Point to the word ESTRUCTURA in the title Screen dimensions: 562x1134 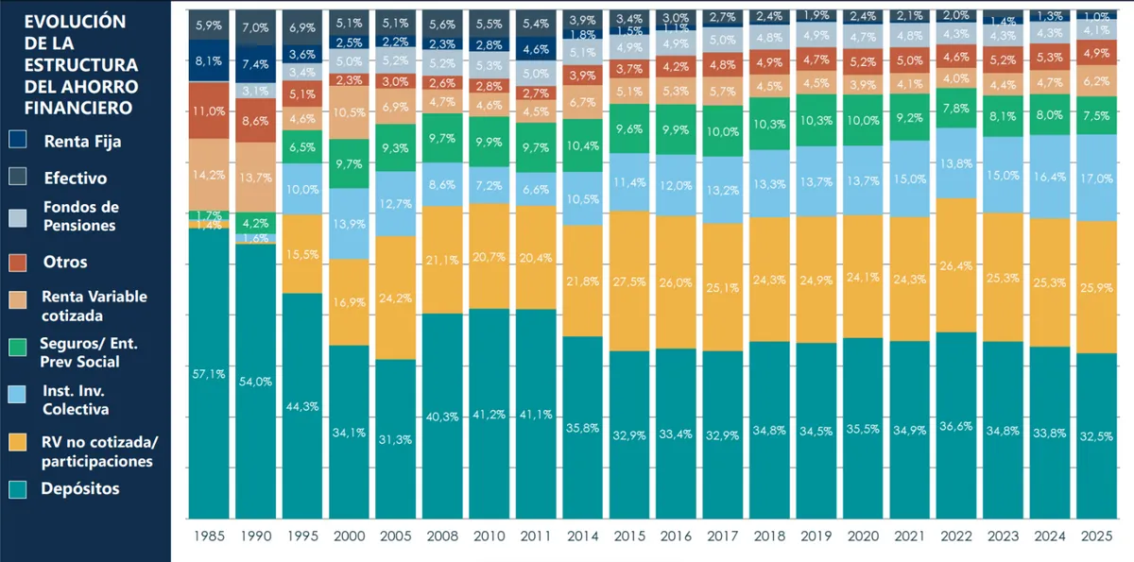coord(80,64)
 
